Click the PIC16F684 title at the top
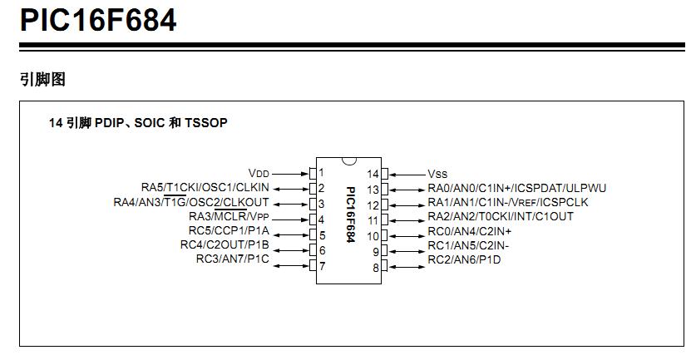tap(98, 20)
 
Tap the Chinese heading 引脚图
tap(42, 79)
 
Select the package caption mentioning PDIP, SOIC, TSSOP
tap(138, 122)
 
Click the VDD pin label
tap(259, 173)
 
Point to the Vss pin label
tap(437, 174)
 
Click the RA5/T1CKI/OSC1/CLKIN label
tap(205, 188)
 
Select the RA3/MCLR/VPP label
tap(229, 217)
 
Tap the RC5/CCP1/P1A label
tap(229, 231)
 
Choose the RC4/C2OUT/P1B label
tap(225, 244)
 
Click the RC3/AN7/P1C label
tap(233, 259)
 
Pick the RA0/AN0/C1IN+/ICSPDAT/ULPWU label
tap(516, 188)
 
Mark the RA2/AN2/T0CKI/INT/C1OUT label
tap(501, 217)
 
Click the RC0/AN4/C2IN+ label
tap(470, 231)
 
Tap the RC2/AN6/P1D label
tap(464, 259)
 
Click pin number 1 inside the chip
tap(321, 172)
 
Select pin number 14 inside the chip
tap(373, 174)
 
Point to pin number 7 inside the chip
tap(323, 266)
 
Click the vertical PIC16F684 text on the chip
tap(351, 214)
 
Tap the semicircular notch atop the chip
tap(349, 161)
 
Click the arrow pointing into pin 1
tap(290, 174)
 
